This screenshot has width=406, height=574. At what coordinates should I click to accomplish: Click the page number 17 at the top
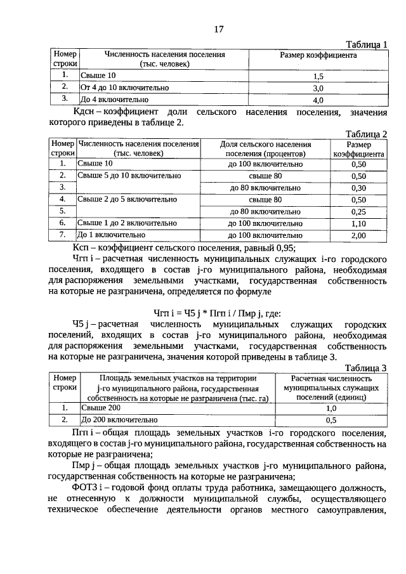click(219, 29)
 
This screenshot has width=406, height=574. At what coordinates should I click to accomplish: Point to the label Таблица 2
click(366, 134)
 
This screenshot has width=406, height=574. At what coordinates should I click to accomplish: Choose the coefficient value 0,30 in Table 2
click(358, 188)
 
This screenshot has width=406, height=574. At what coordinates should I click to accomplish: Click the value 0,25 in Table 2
click(358, 211)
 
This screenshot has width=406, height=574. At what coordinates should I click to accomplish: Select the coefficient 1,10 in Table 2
click(358, 223)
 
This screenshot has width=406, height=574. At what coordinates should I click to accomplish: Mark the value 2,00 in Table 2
click(358, 235)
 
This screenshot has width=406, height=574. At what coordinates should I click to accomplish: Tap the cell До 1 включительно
click(105, 235)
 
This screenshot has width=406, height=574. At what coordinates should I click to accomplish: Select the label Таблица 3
click(366, 368)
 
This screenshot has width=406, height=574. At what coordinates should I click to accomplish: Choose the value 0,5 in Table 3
click(331, 420)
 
